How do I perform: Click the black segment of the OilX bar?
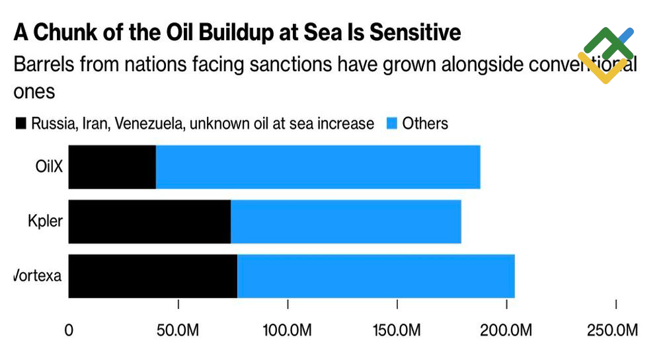click(x=112, y=166)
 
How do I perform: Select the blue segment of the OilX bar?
click(x=318, y=166)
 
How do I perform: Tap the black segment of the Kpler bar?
click(x=149, y=221)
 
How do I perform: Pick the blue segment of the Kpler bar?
click(x=346, y=221)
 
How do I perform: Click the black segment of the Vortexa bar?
click(x=153, y=275)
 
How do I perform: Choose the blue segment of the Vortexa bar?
click(x=375, y=275)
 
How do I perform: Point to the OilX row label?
click(x=49, y=166)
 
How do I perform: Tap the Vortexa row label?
click(x=38, y=275)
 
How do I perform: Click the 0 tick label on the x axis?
click(x=69, y=330)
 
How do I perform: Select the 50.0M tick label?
click(x=178, y=330)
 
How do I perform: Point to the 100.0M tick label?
click(x=288, y=330)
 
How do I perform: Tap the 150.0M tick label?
click(x=397, y=330)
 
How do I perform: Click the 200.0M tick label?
click(x=506, y=330)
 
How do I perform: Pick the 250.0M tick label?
click(x=613, y=330)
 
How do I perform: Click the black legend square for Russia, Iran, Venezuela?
click(x=20, y=124)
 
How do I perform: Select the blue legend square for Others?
click(x=391, y=124)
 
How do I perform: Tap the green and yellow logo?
click(x=606, y=54)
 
